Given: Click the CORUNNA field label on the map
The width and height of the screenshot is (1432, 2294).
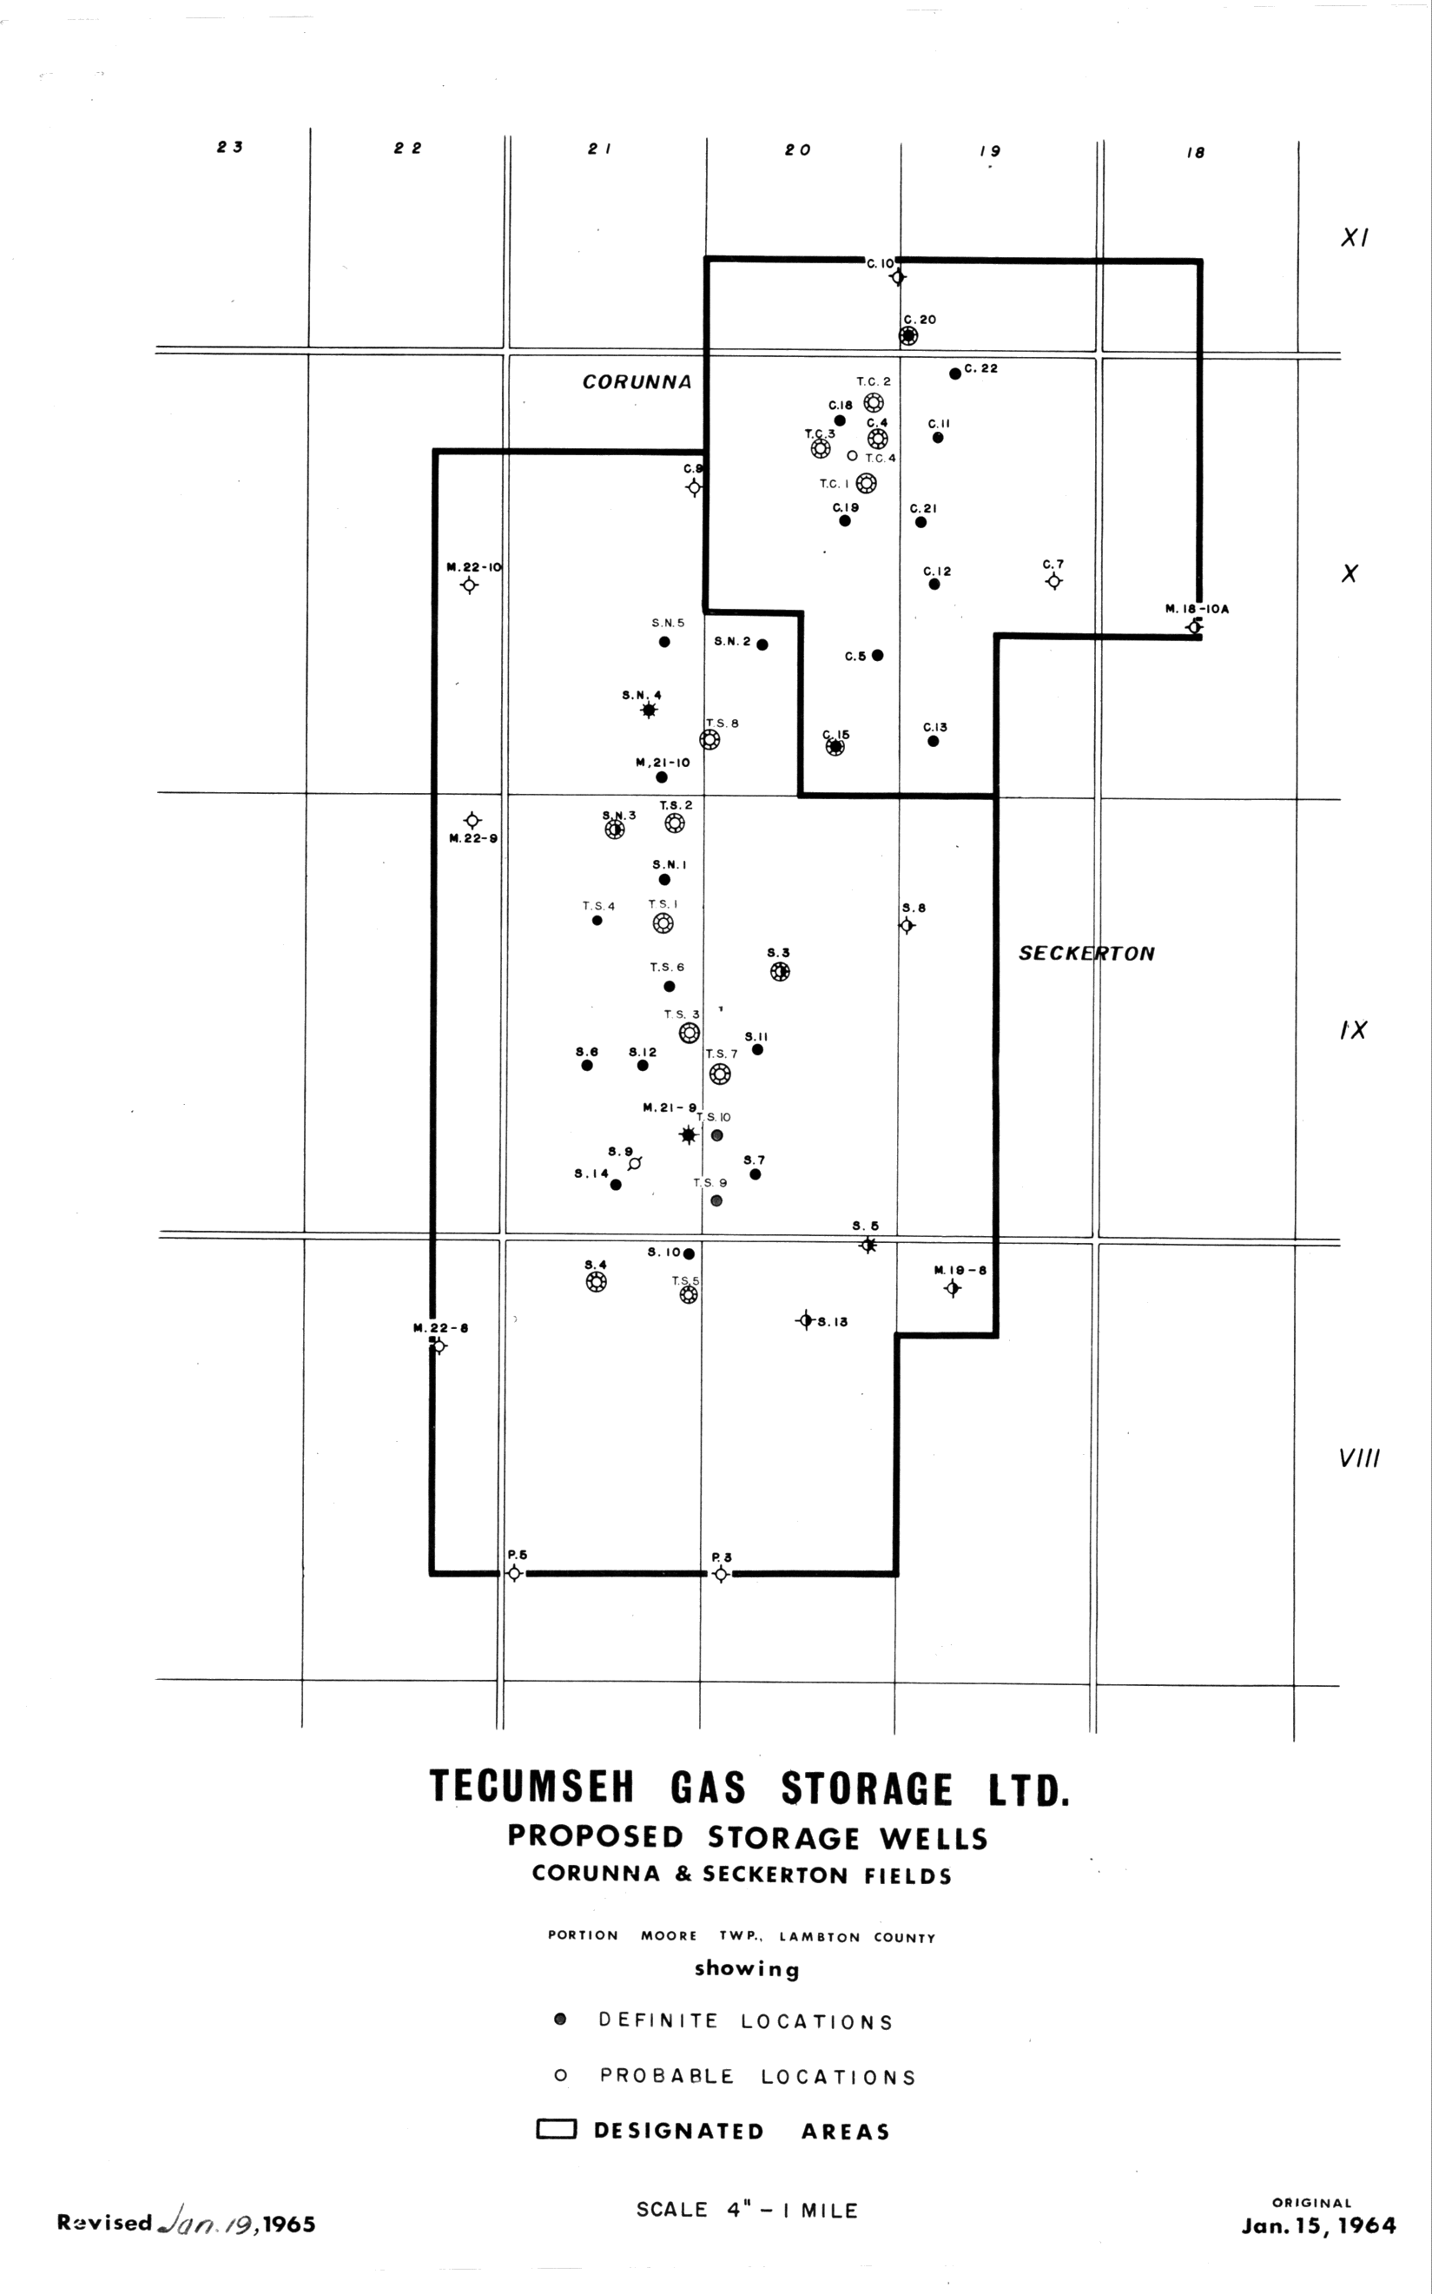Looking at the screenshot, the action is pos(637,381).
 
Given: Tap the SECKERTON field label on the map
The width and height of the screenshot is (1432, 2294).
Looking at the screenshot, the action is pos(1086,954).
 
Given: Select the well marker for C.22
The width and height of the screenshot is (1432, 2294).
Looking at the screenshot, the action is pos(954,374).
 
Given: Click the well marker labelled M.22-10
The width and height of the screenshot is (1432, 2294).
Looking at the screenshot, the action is pos(469,585).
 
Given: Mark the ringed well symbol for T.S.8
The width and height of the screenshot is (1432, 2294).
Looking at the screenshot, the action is pos(709,740).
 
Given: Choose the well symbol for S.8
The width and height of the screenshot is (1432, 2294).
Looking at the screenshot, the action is pos(907,925).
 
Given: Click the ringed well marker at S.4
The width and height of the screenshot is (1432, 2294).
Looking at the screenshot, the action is pos(596,1282).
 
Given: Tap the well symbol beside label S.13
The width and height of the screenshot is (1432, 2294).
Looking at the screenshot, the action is pos(805,1320).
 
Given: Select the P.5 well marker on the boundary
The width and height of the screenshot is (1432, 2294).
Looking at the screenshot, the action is pos(513,1573).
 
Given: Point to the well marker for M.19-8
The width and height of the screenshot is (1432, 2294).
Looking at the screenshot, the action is pos(953,1288).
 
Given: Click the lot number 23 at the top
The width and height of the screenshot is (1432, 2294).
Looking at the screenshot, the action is pos(230,147).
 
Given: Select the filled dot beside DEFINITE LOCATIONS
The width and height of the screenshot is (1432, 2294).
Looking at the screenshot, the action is pos(561,2020).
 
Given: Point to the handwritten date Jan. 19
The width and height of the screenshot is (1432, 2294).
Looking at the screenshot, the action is pos(209,2222).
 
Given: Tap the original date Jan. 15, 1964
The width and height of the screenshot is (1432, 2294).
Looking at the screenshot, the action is pos(1318,2225).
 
